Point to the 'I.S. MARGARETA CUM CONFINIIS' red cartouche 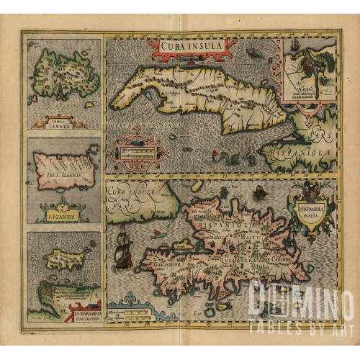pyautogui.click(x=85, y=314)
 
